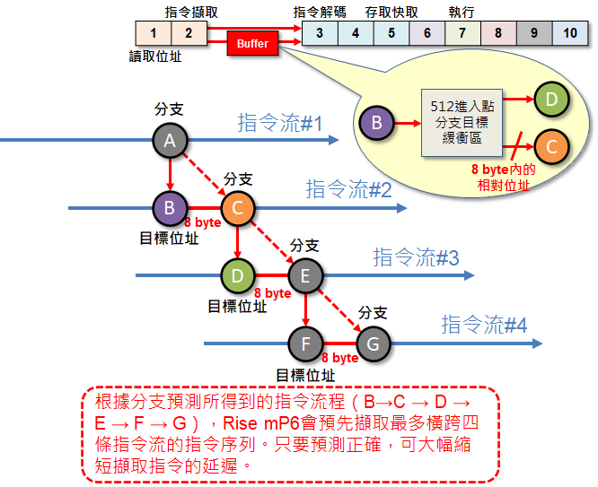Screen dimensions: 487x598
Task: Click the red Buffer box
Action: point(252,43)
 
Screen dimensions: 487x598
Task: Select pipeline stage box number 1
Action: point(154,33)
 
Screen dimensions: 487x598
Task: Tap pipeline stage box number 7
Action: point(462,33)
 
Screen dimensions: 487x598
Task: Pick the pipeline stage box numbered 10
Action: point(569,33)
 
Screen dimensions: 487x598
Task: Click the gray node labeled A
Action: point(169,139)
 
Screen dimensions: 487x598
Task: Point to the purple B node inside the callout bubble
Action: point(377,122)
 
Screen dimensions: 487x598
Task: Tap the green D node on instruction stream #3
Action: point(237,275)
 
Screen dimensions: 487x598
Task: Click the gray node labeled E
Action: point(305,275)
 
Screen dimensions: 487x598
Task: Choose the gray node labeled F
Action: point(305,343)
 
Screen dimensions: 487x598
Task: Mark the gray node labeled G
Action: point(374,343)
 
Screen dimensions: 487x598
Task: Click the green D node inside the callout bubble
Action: point(552,99)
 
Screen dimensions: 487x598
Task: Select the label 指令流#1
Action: point(279,123)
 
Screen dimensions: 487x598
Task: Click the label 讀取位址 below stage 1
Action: point(154,56)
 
